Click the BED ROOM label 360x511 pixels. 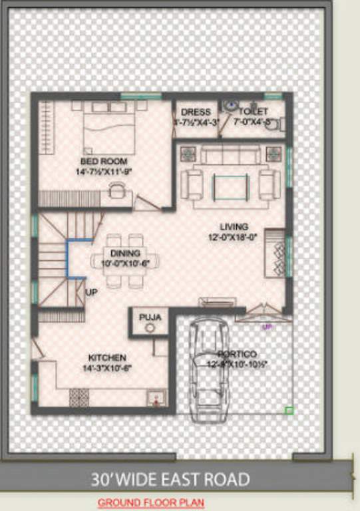(104, 161)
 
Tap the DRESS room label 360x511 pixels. (196, 112)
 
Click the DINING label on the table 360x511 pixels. (125, 254)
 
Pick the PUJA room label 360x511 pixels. (150, 317)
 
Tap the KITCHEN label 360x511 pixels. (105, 358)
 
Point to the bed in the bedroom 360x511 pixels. (110, 129)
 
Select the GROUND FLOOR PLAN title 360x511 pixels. (150, 503)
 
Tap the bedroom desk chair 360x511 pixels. (117, 192)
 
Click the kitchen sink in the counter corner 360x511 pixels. (157, 399)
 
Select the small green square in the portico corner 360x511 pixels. (289, 411)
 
